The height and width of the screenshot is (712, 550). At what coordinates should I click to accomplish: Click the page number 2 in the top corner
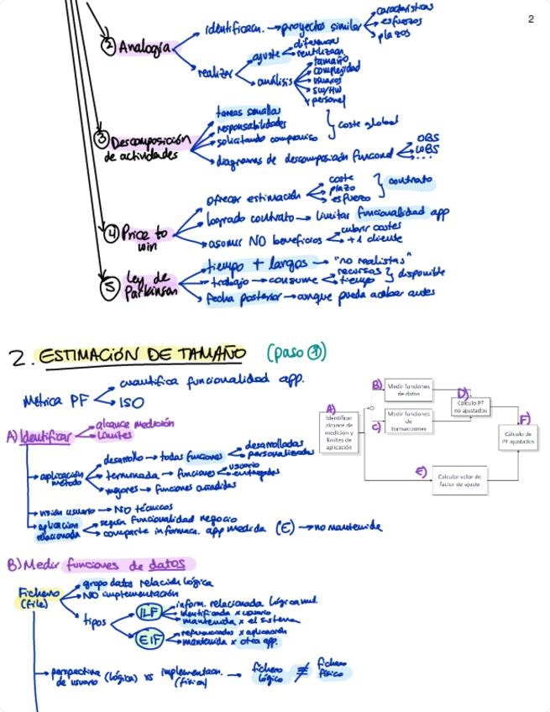click(x=531, y=18)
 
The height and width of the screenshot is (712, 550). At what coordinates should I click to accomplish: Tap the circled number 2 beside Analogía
click(x=108, y=47)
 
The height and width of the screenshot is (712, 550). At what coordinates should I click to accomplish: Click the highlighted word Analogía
click(x=144, y=48)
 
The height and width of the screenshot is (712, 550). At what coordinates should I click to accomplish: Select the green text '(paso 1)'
click(x=296, y=353)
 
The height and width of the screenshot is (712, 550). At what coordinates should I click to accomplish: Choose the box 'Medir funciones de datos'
click(x=409, y=390)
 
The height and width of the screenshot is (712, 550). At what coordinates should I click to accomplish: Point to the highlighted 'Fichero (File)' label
click(x=34, y=597)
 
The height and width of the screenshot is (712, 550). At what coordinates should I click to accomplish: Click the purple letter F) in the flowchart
click(x=525, y=418)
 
